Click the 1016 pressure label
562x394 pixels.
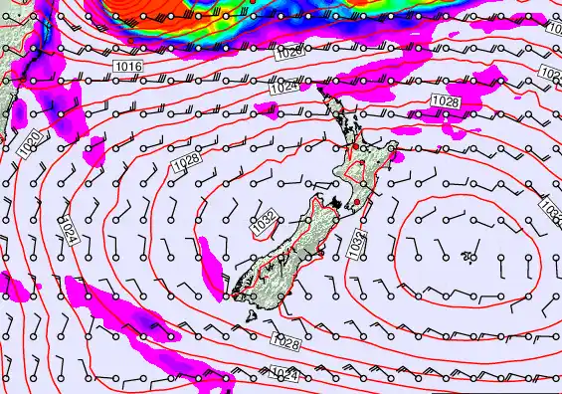point(129,66)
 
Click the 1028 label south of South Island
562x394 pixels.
point(285,341)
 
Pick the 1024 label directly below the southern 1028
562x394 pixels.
point(284,374)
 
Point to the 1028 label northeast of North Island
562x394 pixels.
point(446,101)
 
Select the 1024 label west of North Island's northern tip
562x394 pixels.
point(284,88)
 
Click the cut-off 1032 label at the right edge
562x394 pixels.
point(553,210)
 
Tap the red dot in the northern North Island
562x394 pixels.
point(352,147)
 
